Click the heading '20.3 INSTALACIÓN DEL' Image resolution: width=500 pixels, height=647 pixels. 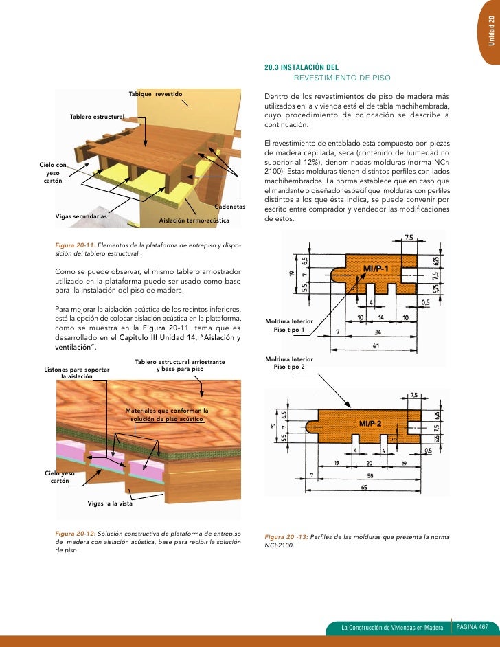(302, 68)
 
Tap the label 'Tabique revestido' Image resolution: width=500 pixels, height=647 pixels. (155, 93)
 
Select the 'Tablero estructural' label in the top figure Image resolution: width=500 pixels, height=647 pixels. (96, 117)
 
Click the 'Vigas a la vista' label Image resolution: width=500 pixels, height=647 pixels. (110, 503)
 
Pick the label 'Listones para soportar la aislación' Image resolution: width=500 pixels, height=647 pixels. (76, 372)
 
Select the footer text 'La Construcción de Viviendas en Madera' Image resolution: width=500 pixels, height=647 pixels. (392, 628)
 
